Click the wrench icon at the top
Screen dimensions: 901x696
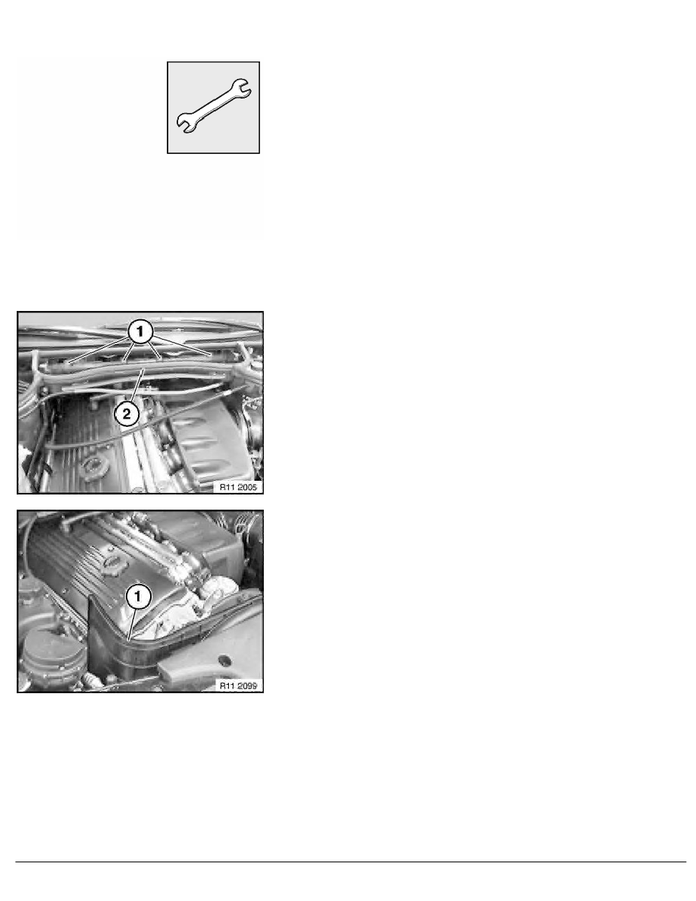tap(214, 107)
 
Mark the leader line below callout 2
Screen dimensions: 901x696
tap(135, 386)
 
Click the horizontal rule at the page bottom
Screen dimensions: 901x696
tap(348, 862)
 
